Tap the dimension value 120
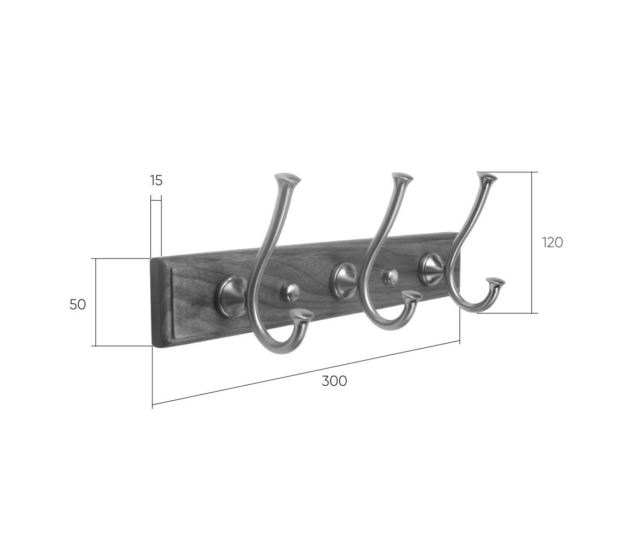(x=552, y=242)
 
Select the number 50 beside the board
(x=78, y=304)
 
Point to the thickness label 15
(x=156, y=180)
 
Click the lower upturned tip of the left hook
(x=302, y=316)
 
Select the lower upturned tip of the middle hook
(x=412, y=295)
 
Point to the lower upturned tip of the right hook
(x=495, y=282)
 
